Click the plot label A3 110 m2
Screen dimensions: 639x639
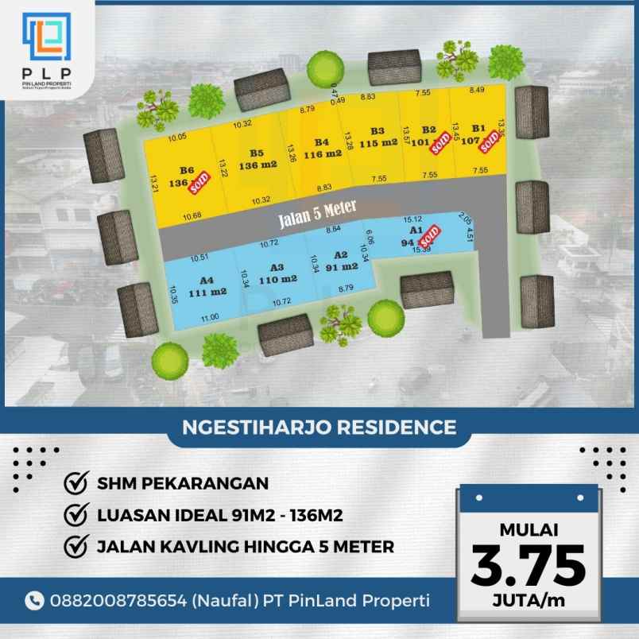pos(277,273)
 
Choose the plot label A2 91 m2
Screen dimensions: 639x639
pos(341,261)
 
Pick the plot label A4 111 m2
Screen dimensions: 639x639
pos(207,285)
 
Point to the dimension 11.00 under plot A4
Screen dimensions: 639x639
pos(209,317)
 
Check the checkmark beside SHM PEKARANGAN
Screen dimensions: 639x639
pos(76,483)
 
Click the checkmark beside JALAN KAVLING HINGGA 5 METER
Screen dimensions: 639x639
pos(76,547)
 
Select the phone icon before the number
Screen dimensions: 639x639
pos(34,600)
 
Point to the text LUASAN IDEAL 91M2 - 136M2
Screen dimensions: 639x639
pos(219,515)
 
